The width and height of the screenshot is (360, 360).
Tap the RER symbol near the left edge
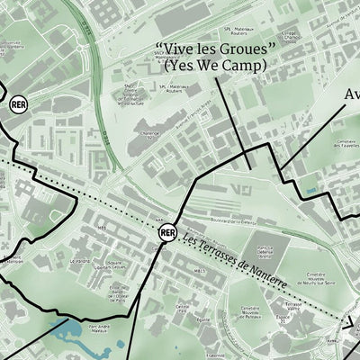tap(18, 104)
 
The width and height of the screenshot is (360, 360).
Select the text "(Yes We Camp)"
tap(214, 66)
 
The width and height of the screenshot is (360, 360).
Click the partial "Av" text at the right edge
tap(352, 94)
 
